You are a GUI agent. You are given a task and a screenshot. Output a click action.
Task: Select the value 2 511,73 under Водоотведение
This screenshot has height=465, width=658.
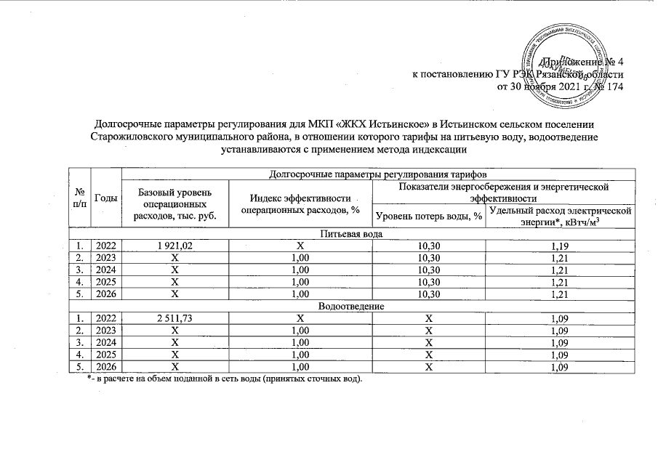click(174, 319)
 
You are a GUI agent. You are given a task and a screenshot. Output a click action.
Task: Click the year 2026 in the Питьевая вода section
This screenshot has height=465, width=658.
click(107, 295)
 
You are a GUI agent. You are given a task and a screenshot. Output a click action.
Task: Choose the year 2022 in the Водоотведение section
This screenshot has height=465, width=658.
click(107, 319)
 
